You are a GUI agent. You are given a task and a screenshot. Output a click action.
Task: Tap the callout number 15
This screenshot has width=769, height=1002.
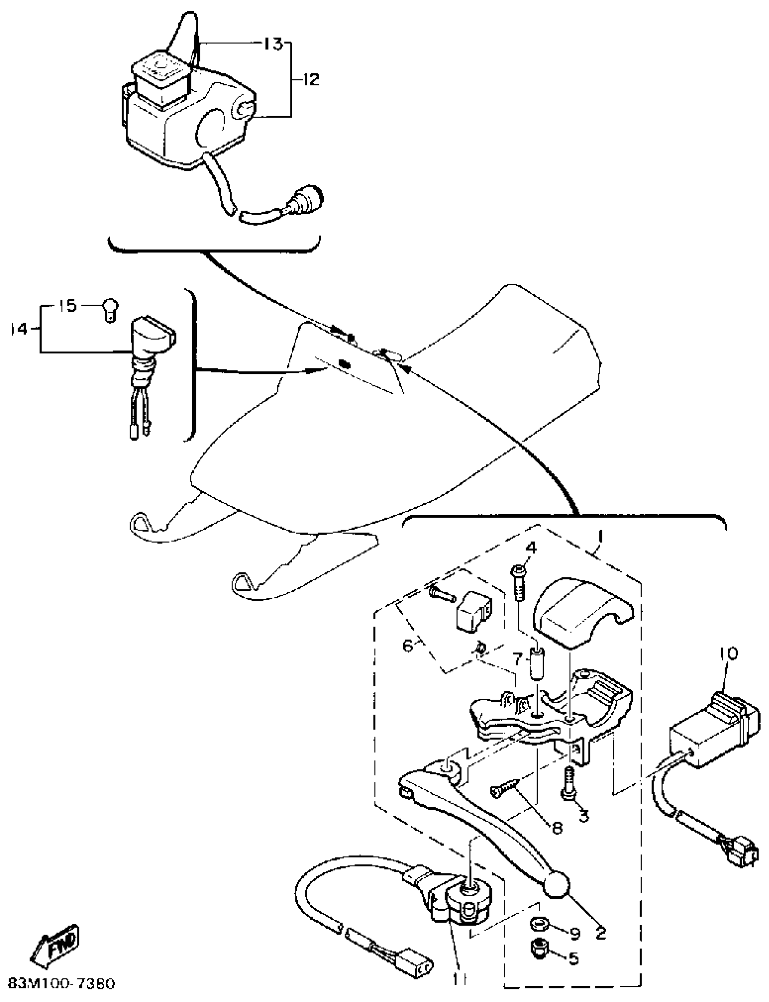click(68, 306)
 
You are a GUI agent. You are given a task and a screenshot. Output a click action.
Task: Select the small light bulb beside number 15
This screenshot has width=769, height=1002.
click(110, 309)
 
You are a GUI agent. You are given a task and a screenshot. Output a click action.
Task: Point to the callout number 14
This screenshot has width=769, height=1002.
click(19, 329)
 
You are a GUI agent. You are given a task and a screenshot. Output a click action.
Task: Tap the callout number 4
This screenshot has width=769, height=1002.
click(531, 547)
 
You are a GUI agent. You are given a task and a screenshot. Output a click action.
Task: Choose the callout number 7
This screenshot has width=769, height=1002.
click(517, 659)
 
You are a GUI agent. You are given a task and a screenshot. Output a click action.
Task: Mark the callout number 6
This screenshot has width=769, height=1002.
click(407, 646)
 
